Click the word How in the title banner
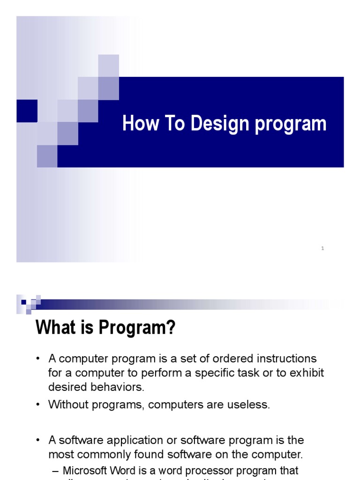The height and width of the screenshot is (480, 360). pos(137,124)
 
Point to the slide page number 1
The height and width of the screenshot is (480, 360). pos(322,248)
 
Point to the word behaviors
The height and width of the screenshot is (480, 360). pos(120,387)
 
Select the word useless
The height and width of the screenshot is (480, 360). pos(251,405)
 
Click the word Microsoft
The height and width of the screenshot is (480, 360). pos(87,470)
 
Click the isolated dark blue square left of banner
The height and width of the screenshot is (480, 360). pos(27,111)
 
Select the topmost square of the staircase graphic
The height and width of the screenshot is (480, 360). pos(108,65)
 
